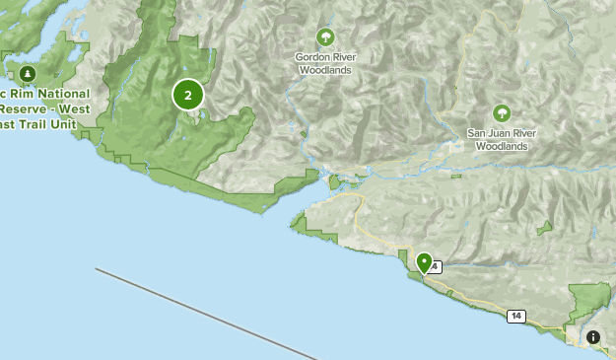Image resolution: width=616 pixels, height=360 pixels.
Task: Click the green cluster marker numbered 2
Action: (188, 95)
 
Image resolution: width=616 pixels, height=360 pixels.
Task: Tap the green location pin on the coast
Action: (424, 262)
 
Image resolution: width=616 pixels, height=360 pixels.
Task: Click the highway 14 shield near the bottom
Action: (516, 316)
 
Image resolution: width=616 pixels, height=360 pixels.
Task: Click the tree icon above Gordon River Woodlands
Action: (324, 37)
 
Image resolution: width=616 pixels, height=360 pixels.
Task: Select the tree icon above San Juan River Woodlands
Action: (502, 113)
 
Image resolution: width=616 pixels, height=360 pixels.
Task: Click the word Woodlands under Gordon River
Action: (324, 70)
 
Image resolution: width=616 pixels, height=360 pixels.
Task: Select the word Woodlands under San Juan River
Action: (502, 146)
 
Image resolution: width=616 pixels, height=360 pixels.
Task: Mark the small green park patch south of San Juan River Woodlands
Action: (544, 227)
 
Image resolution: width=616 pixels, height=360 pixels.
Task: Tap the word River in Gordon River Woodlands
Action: (344, 57)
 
